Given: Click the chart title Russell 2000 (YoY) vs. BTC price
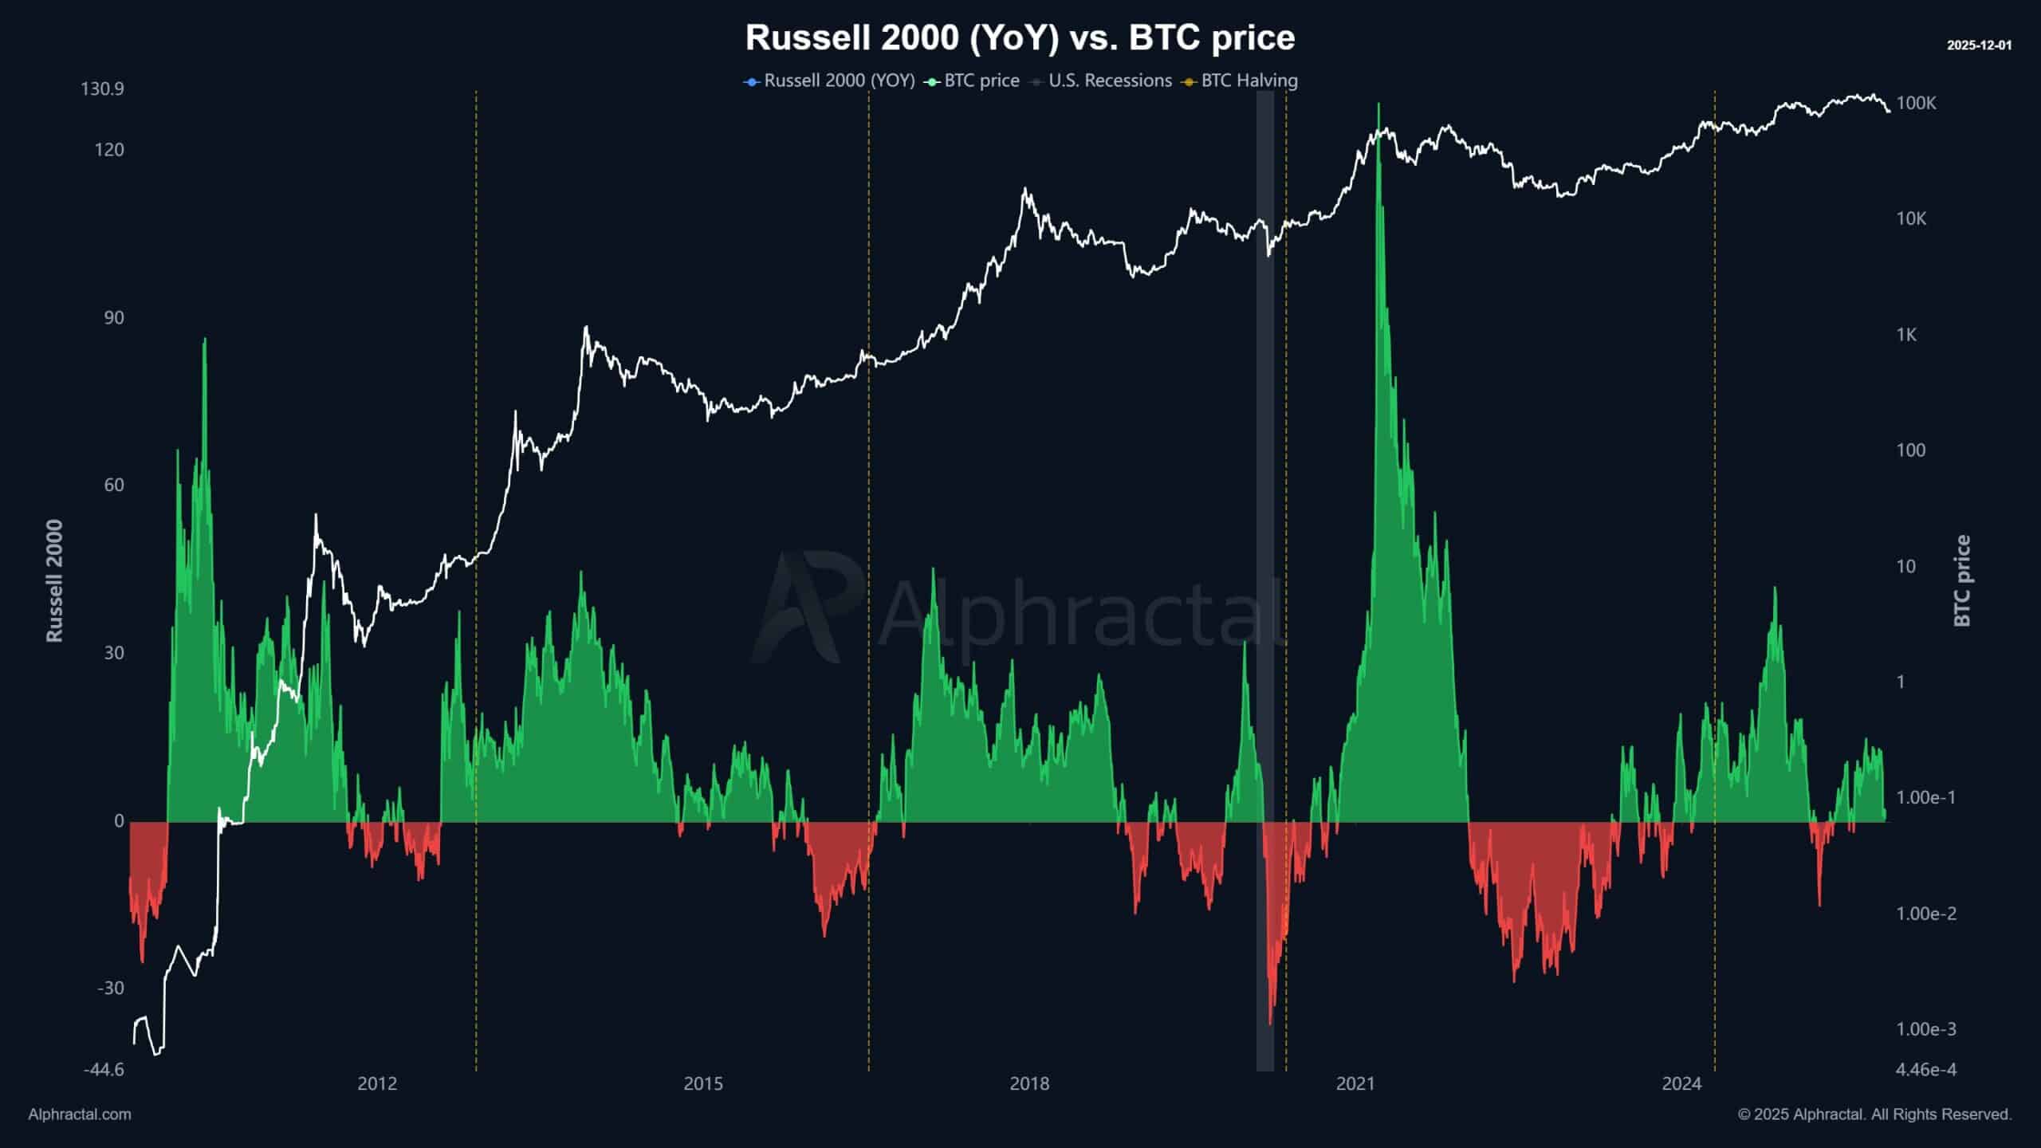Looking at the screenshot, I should point(1020,37).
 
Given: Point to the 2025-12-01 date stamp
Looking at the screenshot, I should point(1979,45).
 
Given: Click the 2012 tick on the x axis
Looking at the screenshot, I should point(377,1083).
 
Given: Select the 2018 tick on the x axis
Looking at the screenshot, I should point(1029,1083).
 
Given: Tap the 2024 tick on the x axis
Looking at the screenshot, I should point(1681,1083).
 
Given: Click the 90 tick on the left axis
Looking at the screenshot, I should point(114,318).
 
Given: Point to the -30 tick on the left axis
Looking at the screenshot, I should point(111,989).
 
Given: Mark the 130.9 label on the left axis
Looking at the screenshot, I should point(102,88).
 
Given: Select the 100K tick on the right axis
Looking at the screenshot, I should point(1917,103).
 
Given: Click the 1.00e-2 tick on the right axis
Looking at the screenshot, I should point(1926,914).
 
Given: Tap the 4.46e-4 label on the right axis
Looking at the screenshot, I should point(1926,1069).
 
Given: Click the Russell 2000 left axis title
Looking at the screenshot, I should point(54,580).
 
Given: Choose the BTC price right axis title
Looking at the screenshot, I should point(1962,580).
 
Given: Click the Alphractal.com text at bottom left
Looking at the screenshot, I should point(80,1115).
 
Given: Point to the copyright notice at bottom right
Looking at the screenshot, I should point(1874,1115).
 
